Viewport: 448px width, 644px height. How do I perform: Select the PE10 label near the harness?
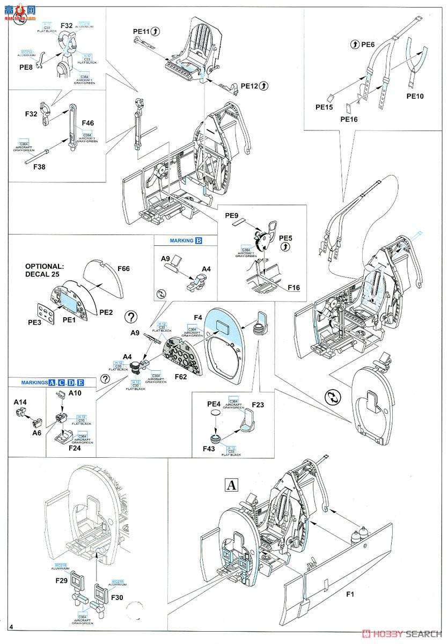tap(415, 97)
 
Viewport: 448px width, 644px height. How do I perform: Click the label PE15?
tap(325, 107)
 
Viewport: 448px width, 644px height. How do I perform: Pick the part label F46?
tap(88, 123)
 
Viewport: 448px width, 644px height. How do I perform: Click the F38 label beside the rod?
tap(40, 166)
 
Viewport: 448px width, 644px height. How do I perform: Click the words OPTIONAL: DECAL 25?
tap(45, 270)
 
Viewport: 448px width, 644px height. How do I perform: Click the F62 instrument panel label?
tap(180, 376)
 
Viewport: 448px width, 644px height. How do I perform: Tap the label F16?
tap(293, 288)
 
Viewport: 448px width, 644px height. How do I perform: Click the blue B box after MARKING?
tap(199, 240)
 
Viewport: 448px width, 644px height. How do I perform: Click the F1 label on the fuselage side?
tap(350, 594)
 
